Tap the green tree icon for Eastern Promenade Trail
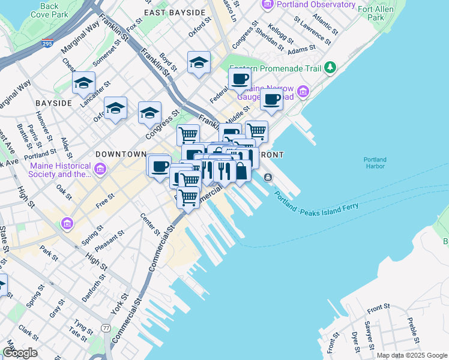click(x=330, y=68)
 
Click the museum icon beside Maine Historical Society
click(x=100, y=170)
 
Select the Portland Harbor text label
click(x=375, y=163)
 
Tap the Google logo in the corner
click(x=20, y=353)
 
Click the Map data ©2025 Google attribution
click(x=412, y=355)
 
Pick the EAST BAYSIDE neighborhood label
click(x=171, y=11)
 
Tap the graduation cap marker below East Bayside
click(x=199, y=62)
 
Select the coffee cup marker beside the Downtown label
click(x=160, y=165)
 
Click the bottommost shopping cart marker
click(x=188, y=196)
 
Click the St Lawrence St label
click(x=312, y=31)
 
